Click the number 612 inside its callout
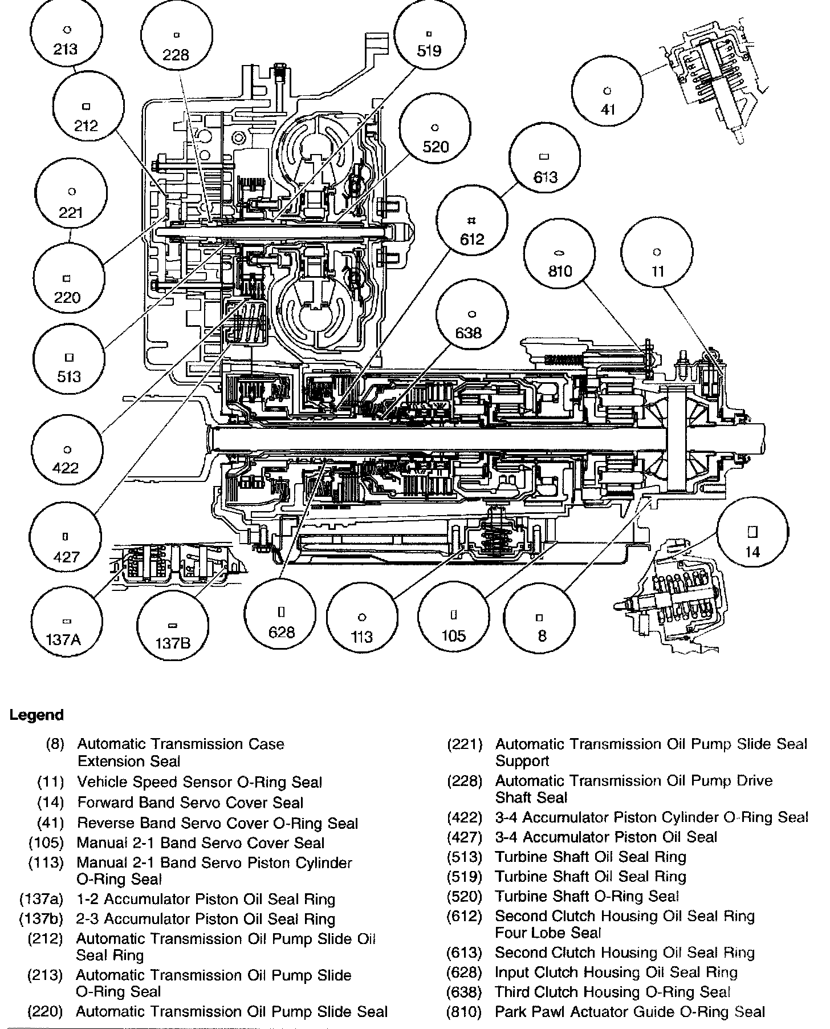[x=472, y=238]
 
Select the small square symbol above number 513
[x=68, y=358]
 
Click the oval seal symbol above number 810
[x=559, y=253]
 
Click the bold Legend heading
[x=36, y=715]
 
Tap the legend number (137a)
[x=41, y=900]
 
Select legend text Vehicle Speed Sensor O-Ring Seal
[x=200, y=783]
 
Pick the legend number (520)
[x=465, y=897]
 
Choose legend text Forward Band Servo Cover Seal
[x=190, y=803]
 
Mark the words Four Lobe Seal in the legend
[x=548, y=933]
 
